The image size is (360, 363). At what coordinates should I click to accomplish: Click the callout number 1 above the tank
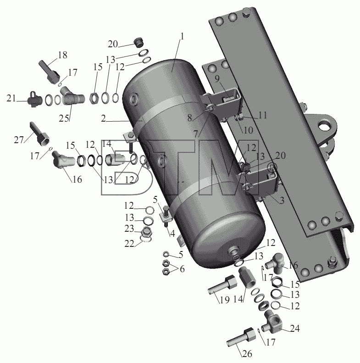point(182,37)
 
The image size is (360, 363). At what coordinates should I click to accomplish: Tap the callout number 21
point(11,98)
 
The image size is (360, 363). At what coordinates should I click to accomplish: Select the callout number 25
point(64,118)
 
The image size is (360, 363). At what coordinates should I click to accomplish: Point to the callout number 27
point(19,140)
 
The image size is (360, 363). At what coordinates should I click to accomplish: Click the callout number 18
point(62,55)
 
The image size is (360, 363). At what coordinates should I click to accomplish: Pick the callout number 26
point(247,353)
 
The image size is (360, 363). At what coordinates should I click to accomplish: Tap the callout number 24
point(295,328)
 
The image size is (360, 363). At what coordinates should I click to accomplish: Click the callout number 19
point(224,300)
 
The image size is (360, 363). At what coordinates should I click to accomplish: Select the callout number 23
point(129,229)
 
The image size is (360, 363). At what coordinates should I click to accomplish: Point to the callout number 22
point(129,243)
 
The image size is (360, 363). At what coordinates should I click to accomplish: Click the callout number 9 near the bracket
point(217,79)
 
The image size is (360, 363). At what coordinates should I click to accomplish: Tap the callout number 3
point(282,201)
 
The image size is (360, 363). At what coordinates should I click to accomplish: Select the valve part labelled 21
point(35,100)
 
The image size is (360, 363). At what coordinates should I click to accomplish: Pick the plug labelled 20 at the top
point(139,43)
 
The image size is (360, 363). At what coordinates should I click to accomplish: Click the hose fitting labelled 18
point(49,72)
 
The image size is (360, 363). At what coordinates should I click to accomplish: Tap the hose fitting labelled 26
point(241,337)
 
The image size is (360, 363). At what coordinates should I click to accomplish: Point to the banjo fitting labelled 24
point(273,322)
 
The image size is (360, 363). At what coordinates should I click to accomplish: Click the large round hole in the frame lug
point(324,126)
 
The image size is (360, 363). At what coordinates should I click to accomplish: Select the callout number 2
point(103,118)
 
